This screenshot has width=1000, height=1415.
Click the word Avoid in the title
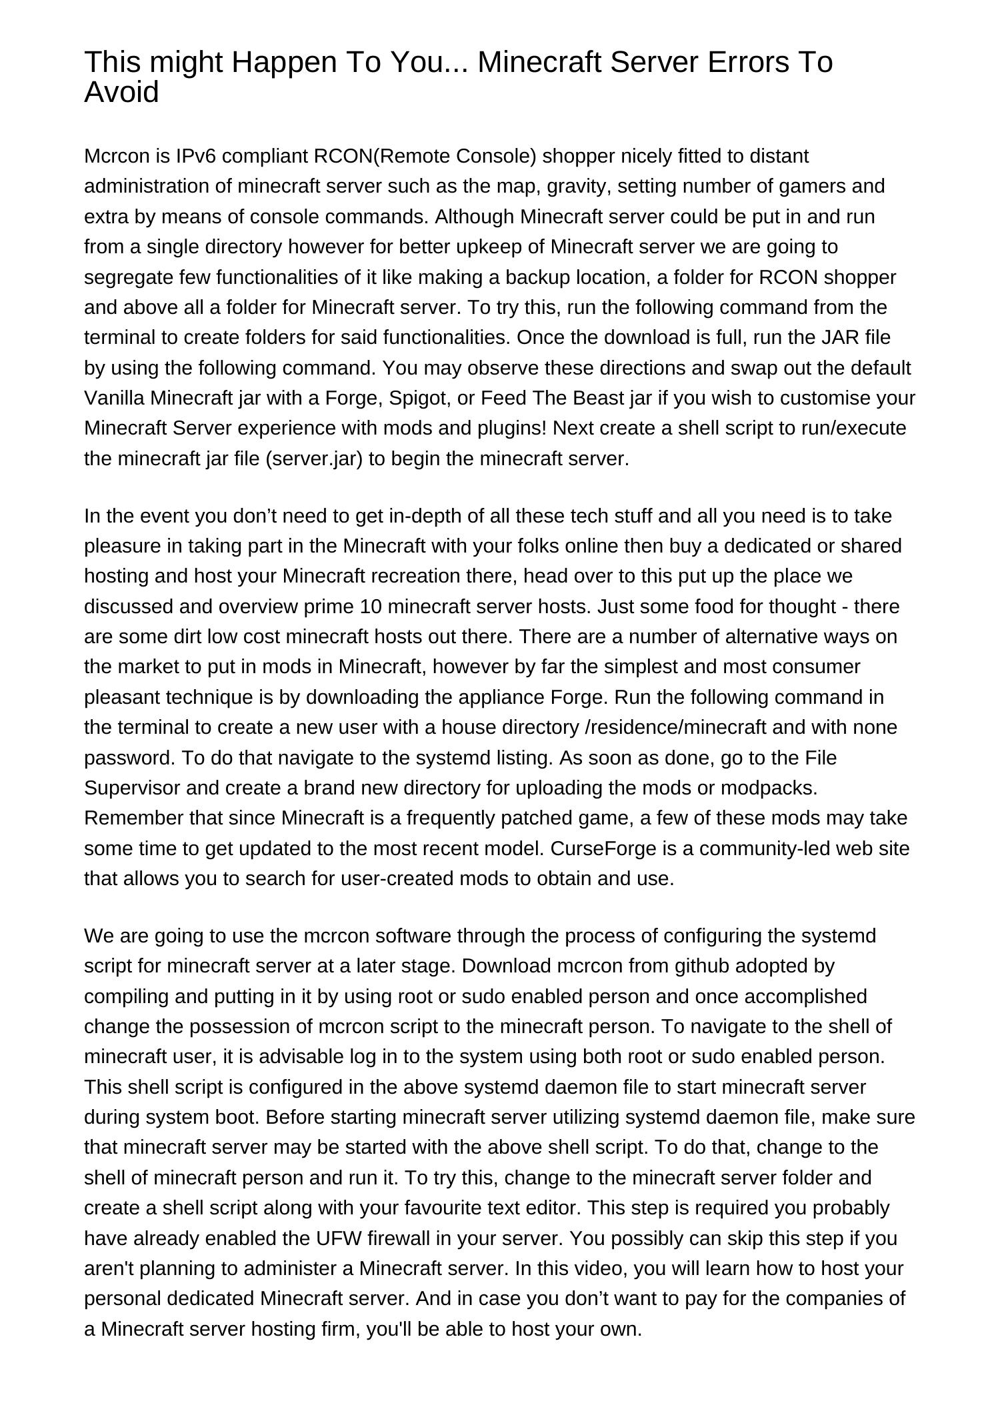click(121, 92)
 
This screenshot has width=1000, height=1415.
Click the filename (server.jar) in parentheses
click(313, 459)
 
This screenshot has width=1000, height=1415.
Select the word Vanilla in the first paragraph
click(115, 398)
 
